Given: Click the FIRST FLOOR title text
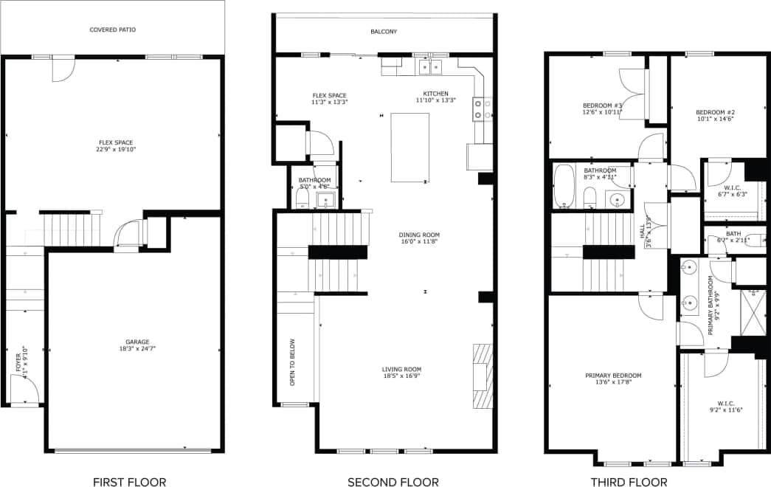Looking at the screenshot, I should click(x=129, y=482).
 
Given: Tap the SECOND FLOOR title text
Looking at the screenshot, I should click(x=393, y=482).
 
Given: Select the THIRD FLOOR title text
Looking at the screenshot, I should click(x=629, y=482).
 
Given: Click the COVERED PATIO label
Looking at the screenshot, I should click(x=112, y=30).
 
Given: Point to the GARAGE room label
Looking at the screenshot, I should click(x=137, y=342).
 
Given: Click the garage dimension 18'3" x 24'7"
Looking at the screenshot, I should click(x=137, y=348).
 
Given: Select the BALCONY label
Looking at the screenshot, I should click(x=384, y=32).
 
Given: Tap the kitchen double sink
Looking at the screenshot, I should click(x=430, y=67).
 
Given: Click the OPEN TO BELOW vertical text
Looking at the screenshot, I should click(x=293, y=362).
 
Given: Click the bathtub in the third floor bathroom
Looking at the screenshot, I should click(x=564, y=185).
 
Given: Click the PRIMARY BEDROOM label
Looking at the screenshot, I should click(x=613, y=376).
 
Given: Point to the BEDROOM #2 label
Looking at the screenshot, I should click(x=715, y=113).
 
